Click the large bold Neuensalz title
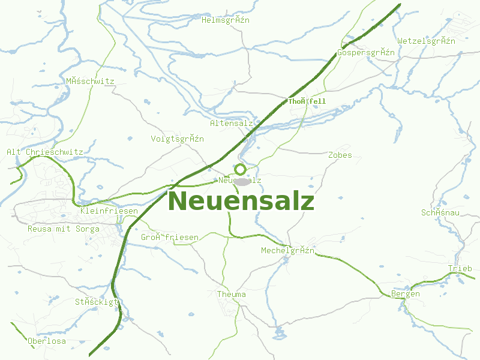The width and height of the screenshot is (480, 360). pyautogui.click(x=241, y=201)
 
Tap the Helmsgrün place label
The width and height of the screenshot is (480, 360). pyautogui.click(x=226, y=20)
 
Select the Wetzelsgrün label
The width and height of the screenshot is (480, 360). pyautogui.click(x=426, y=41)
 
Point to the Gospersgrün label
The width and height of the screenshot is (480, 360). pyautogui.click(x=366, y=52)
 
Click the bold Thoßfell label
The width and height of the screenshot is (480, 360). pyautogui.click(x=307, y=101)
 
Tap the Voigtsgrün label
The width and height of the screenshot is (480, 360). pyautogui.click(x=177, y=139)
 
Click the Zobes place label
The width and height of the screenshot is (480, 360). pyautogui.click(x=340, y=155)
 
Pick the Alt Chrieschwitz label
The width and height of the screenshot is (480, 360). pyautogui.click(x=44, y=152)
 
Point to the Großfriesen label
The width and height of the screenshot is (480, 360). pyautogui.click(x=170, y=238)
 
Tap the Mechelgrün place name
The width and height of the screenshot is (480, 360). pyautogui.click(x=287, y=250)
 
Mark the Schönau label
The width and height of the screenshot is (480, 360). pyautogui.click(x=440, y=212)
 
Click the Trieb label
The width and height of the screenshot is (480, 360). pyautogui.click(x=460, y=268)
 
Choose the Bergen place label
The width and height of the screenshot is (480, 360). pyautogui.click(x=405, y=294)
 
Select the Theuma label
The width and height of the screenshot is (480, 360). pyautogui.click(x=231, y=295)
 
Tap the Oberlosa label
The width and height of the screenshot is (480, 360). pyautogui.click(x=46, y=341)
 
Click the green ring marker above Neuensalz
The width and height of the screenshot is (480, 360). pyautogui.click(x=240, y=169)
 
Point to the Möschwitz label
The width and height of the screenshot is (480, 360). pyautogui.click(x=90, y=81)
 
